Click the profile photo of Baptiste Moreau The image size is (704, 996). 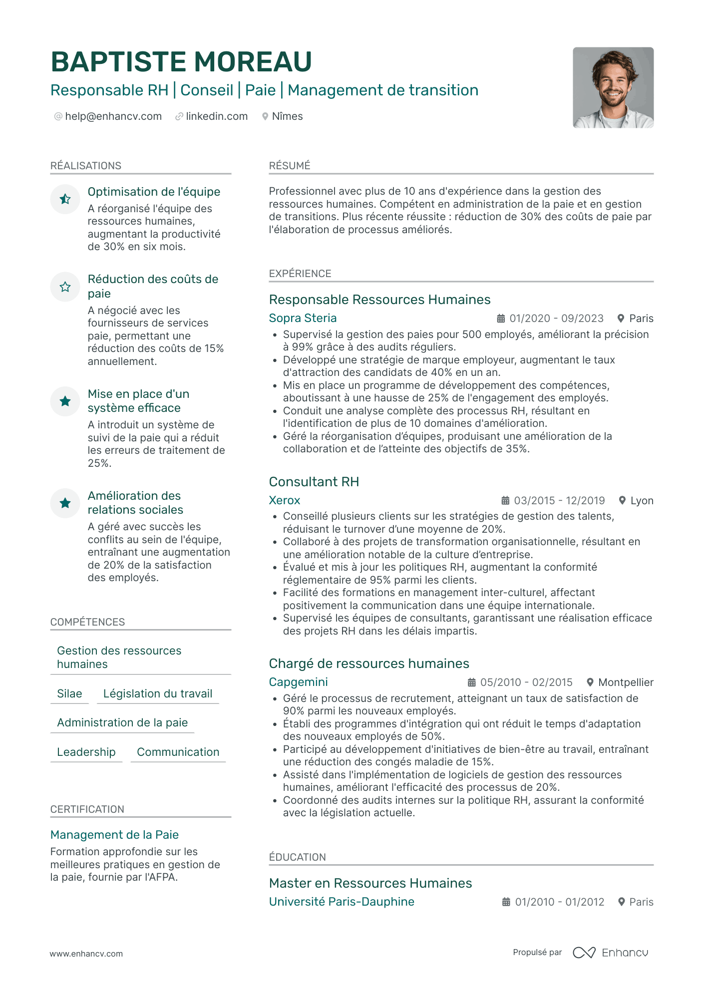613,88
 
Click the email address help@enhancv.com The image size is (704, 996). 113,116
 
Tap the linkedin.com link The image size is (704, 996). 217,116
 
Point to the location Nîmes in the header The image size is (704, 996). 287,116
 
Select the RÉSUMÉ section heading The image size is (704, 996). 290,166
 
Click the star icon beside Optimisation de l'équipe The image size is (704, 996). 65,199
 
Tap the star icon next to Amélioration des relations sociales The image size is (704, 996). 65,503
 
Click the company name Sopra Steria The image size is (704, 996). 303,318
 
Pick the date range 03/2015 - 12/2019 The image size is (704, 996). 559,501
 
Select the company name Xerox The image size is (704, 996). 285,500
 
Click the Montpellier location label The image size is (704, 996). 626,682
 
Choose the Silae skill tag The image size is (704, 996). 69,694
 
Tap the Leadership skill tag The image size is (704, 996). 86,752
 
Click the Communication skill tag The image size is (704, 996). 178,752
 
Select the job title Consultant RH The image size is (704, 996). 314,482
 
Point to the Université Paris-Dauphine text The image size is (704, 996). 342,902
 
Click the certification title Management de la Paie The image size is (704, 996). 114,835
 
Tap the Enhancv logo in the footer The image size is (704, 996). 611,953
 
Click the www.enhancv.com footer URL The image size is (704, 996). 86,954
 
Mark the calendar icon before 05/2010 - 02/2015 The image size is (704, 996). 471,682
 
